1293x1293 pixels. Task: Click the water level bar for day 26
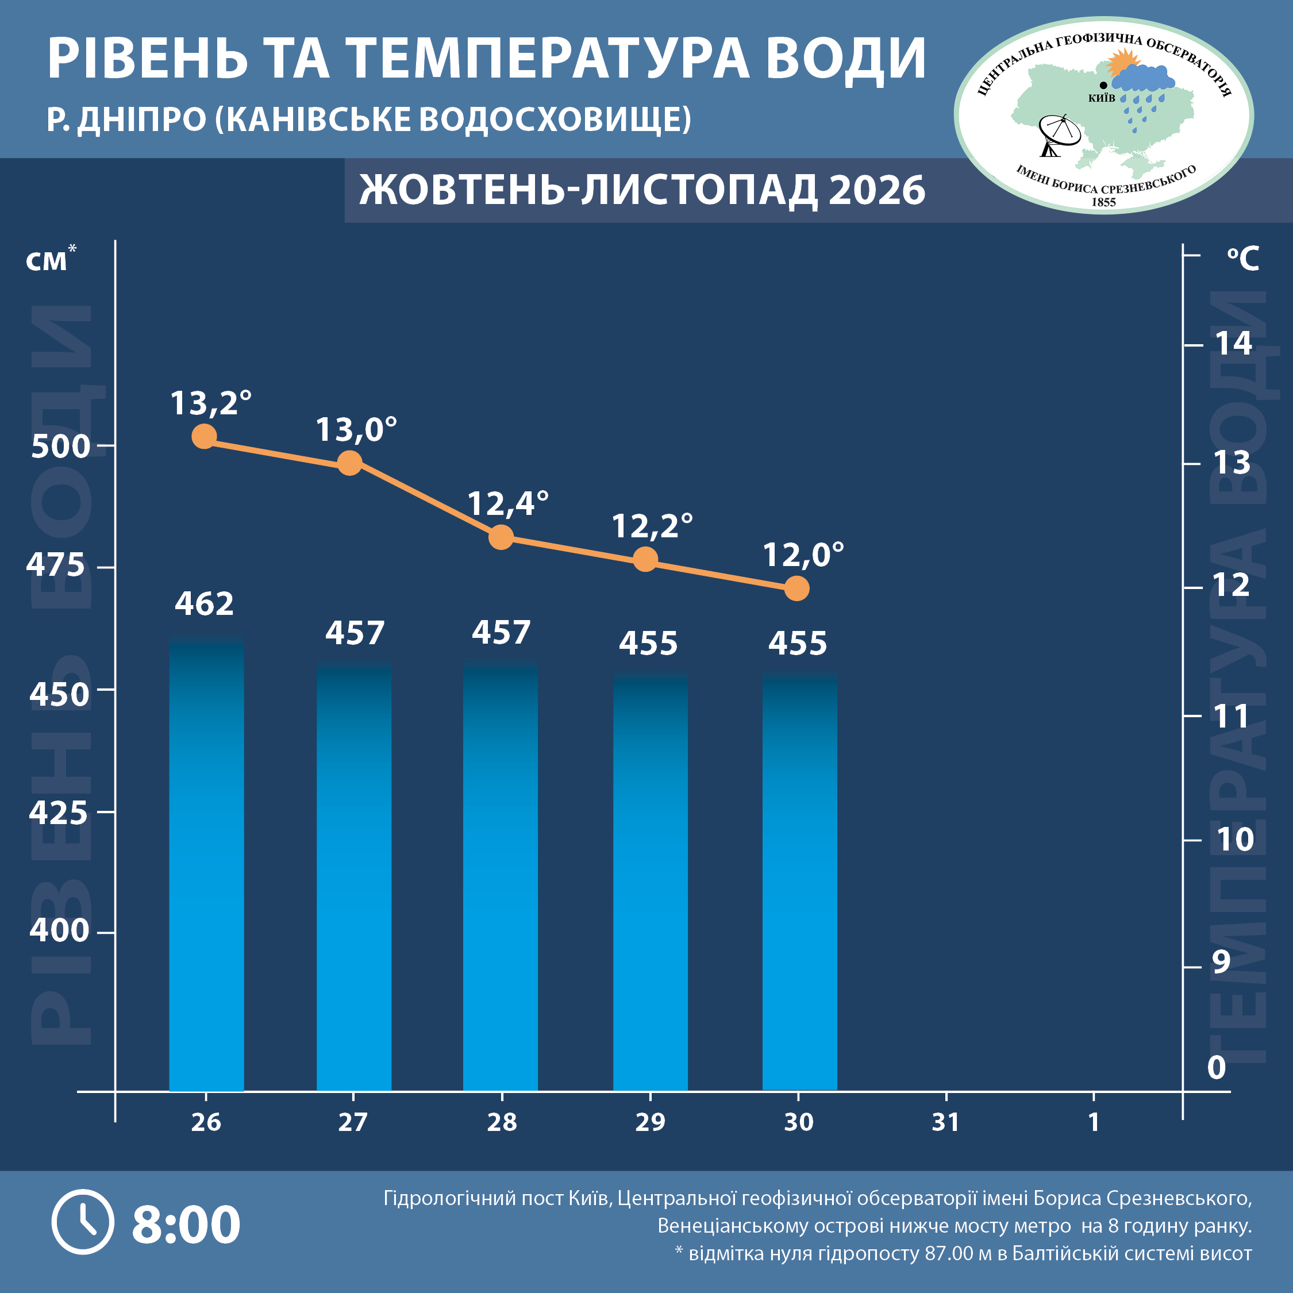(x=206, y=864)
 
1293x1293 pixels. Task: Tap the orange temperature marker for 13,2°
(x=204, y=437)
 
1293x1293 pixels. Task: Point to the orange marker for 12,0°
(x=796, y=588)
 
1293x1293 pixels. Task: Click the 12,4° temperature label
(x=508, y=504)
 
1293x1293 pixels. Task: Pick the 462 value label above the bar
(x=204, y=603)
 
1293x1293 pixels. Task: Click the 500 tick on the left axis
(x=60, y=447)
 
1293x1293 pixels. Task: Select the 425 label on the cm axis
(x=58, y=813)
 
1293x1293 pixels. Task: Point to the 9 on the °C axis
(x=1221, y=962)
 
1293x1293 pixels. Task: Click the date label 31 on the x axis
(x=946, y=1122)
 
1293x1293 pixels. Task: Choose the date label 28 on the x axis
(x=502, y=1122)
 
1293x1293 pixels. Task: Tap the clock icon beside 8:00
(x=83, y=1222)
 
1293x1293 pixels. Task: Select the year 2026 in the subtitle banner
(x=877, y=190)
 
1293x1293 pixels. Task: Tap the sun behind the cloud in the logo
(x=1121, y=64)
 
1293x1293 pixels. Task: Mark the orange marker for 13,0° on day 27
(x=349, y=463)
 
